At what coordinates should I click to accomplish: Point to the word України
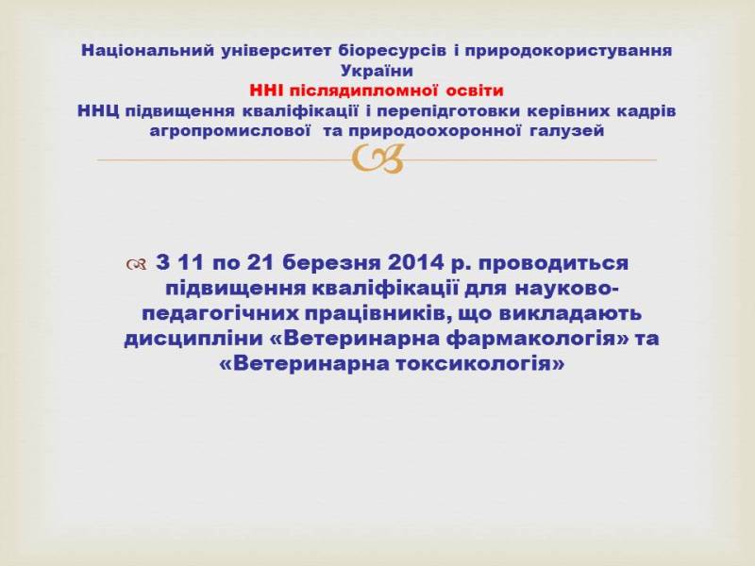[x=377, y=71]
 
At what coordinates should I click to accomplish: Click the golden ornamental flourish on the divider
[x=377, y=158]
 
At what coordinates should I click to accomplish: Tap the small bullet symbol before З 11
[x=137, y=264]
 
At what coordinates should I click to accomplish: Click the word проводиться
[x=554, y=264]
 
